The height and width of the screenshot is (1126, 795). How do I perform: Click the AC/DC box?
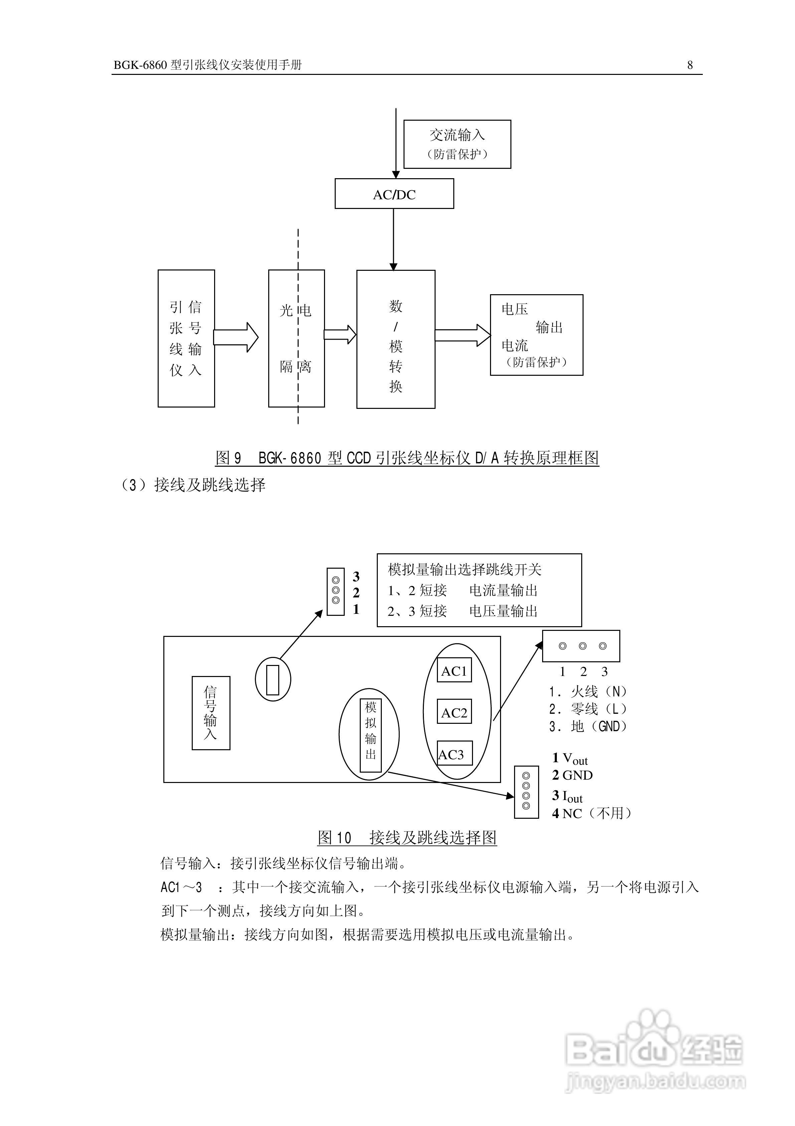click(394, 194)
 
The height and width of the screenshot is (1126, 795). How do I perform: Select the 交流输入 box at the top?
click(457, 144)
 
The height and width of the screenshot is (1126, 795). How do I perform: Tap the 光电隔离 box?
click(296, 338)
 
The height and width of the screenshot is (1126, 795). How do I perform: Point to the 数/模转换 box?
click(395, 339)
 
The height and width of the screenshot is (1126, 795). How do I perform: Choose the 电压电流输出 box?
click(536, 335)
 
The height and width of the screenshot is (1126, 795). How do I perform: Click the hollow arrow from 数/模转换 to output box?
click(462, 335)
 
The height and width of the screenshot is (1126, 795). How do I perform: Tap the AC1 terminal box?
click(454, 670)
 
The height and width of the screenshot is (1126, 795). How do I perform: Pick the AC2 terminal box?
click(454, 712)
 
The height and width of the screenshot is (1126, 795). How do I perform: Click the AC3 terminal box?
click(454, 754)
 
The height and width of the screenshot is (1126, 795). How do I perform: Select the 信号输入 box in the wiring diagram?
click(211, 713)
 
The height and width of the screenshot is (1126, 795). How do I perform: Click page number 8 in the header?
click(690, 65)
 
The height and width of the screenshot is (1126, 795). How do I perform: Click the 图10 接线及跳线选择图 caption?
click(407, 837)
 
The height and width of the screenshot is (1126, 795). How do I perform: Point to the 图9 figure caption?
click(407, 458)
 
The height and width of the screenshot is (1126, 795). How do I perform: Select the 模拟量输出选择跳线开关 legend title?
click(464, 569)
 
